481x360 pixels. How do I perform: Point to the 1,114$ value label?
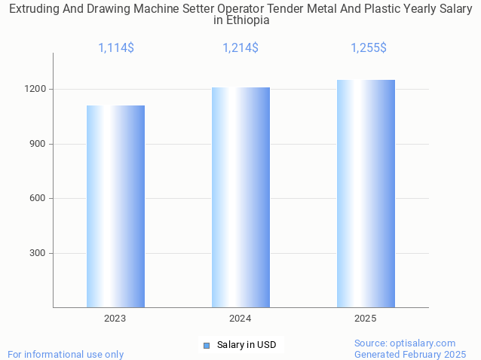(116, 48)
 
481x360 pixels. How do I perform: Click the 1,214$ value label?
(240, 48)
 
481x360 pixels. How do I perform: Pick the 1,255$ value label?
(369, 48)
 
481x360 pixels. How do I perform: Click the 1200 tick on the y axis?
(36, 89)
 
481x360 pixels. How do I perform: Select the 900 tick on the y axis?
(38, 144)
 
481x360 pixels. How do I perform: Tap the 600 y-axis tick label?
(38, 199)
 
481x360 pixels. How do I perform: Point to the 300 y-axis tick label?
(38, 253)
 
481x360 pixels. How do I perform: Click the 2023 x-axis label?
(115, 319)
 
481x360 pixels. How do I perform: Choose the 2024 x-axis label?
(240, 319)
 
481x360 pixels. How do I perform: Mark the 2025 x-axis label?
(366, 319)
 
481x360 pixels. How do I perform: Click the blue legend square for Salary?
(207, 346)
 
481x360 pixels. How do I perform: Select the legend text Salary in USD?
(247, 345)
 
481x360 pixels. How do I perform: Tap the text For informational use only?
(66, 354)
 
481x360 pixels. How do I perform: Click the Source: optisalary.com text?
(405, 343)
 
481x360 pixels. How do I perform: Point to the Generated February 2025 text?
(410, 354)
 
